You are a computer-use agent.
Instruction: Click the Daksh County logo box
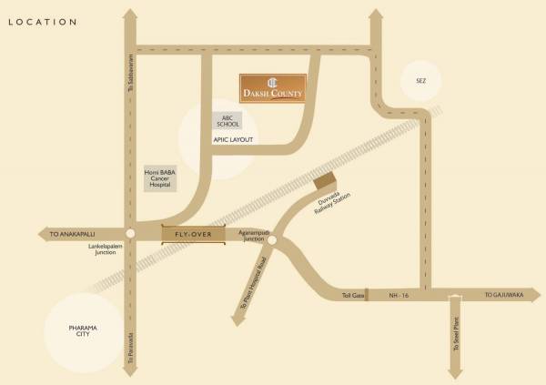[x=273, y=87]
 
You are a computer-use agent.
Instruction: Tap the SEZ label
[x=420, y=82]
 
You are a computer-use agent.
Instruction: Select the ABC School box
[x=227, y=121]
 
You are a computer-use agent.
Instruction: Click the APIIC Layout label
[x=233, y=140]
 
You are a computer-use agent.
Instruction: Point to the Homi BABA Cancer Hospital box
[x=161, y=178]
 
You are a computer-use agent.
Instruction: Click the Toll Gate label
[x=352, y=296]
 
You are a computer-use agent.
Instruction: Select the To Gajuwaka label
[x=500, y=296]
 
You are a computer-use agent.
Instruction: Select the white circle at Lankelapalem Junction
[x=131, y=235]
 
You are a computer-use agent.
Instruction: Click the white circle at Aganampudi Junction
[x=273, y=240]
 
